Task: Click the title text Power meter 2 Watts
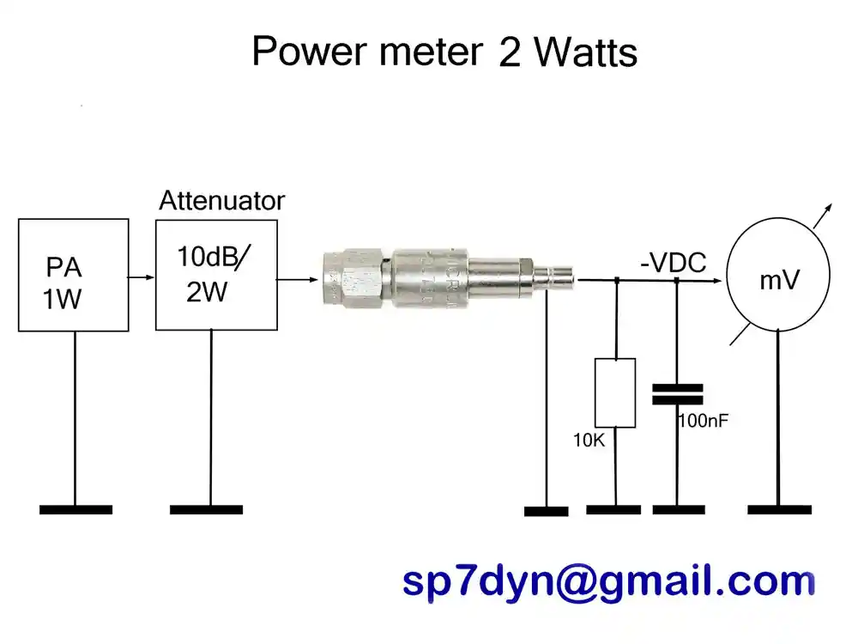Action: (x=444, y=52)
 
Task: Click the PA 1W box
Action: (x=74, y=275)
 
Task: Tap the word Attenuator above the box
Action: (x=221, y=201)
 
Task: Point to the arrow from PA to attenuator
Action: (x=142, y=277)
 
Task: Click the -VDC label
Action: (x=674, y=263)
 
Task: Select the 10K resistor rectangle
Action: (x=615, y=392)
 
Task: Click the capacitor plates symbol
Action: (x=677, y=394)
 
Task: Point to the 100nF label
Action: (x=704, y=422)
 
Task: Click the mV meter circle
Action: (x=778, y=278)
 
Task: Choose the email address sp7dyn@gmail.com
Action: (x=608, y=582)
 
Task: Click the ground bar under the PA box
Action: (x=76, y=509)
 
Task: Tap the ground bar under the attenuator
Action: (x=206, y=509)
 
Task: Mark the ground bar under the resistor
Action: (x=613, y=509)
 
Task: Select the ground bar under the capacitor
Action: (x=679, y=509)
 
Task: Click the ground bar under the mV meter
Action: (x=779, y=509)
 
